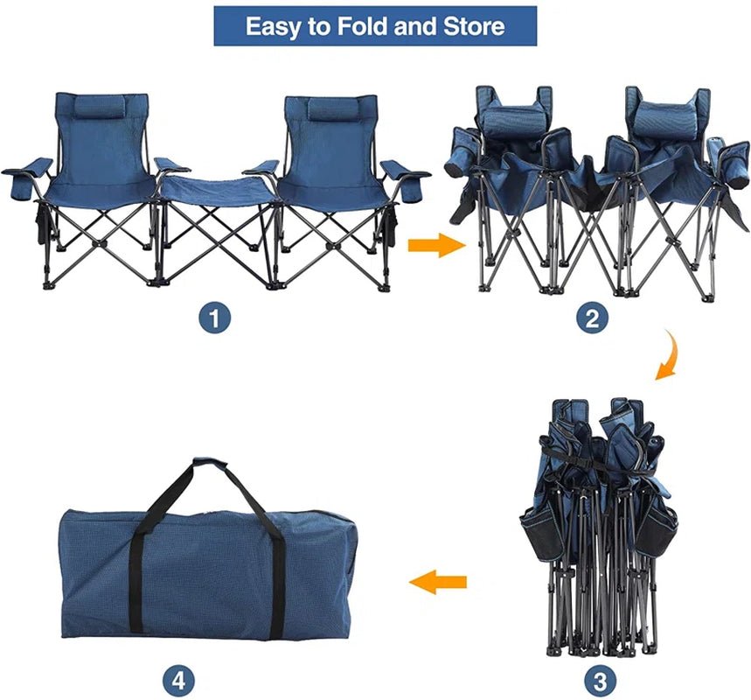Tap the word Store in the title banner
click(x=474, y=26)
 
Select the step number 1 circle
click(x=214, y=318)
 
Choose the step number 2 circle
click(x=592, y=318)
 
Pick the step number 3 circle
click(x=600, y=679)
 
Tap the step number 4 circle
click(x=178, y=679)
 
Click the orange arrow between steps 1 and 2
click(x=437, y=246)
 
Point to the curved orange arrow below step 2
click(x=668, y=354)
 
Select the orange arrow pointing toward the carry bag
click(x=437, y=582)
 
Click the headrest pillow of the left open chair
click(x=100, y=107)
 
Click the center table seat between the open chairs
click(x=217, y=188)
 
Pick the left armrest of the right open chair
click(x=261, y=168)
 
